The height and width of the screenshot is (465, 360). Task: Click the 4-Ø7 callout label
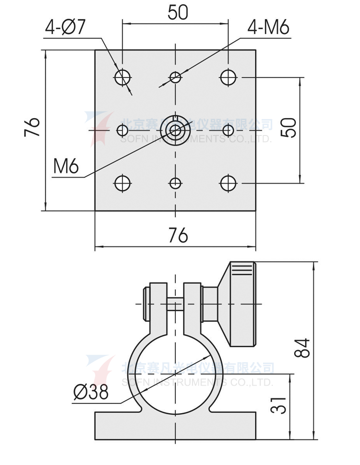click(x=65, y=27)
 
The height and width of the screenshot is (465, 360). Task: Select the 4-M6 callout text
click(x=268, y=28)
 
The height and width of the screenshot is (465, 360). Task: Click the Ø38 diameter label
click(x=91, y=392)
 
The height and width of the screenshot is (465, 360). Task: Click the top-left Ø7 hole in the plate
click(x=122, y=76)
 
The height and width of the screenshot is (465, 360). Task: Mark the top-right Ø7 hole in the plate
click(x=228, y=76)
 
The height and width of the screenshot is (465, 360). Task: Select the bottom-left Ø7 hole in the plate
click(x=122, y=183)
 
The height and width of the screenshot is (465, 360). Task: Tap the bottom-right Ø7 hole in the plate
click(x=228, y=183)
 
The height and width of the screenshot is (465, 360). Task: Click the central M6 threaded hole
click(x=176, y=130)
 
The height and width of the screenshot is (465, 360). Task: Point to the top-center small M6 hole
click(x=176, y=76)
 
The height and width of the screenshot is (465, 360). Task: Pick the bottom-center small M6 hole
click(x=176, y=183)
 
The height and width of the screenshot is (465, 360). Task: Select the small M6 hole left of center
click(x=122, y=130)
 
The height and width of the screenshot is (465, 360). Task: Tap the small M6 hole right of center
click(x=228, y=130)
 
